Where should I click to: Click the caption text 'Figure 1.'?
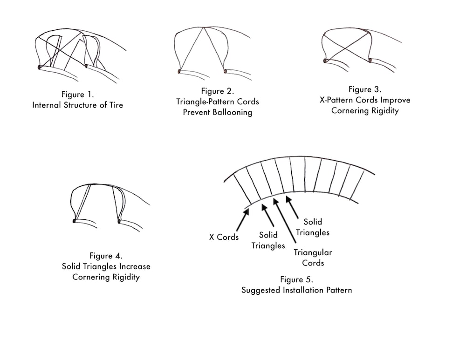[x=77, y=95]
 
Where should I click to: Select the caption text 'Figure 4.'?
[x=106, y=256]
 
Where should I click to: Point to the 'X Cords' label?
[x=224, y=237]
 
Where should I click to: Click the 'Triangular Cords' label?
[x=313, y=258]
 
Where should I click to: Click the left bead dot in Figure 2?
[x=179, y=72]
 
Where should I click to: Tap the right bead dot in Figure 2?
[x=225, y=71]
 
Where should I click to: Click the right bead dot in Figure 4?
[x=119, y=220]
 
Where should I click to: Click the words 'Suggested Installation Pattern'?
[x=296, y=290]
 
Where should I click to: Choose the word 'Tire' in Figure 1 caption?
[x=116, y=105]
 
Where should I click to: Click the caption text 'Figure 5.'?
[x=296, y=279]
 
